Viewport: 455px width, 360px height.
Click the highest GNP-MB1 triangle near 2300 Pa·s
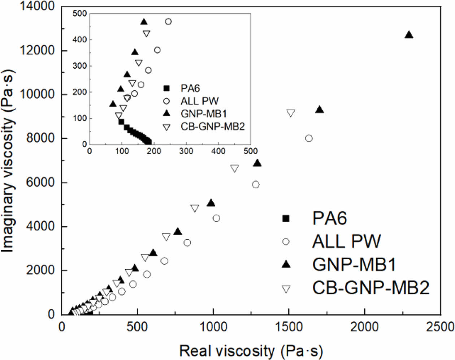tap(409, 35)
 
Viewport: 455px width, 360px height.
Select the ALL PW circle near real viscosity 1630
tap(309, 138)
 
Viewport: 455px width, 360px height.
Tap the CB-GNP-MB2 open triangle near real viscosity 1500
tap(291, 113)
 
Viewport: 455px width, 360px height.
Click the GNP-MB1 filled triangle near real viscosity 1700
tap(320, 110)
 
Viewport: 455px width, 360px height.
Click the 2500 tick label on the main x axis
tap(440, 327)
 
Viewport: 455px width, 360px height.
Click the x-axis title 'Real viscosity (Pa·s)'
tap(251, 351)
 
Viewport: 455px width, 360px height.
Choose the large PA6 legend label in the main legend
tap(329, 218)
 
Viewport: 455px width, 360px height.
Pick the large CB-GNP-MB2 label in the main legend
tap(371, 288)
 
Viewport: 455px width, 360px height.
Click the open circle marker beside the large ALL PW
tap(286, 241)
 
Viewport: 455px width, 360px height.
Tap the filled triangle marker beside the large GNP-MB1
tap(286, 265)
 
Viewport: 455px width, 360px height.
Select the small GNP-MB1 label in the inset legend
tap(204, 114)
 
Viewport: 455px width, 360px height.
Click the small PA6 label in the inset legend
tap(190, 88)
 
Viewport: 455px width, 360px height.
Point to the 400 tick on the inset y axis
tap(80, 39)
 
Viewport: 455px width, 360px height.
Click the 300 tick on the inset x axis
tap(186, 151)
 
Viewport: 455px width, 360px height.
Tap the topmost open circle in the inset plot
tap(168, 22)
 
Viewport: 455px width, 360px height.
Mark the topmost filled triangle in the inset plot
tap(144, 22)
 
